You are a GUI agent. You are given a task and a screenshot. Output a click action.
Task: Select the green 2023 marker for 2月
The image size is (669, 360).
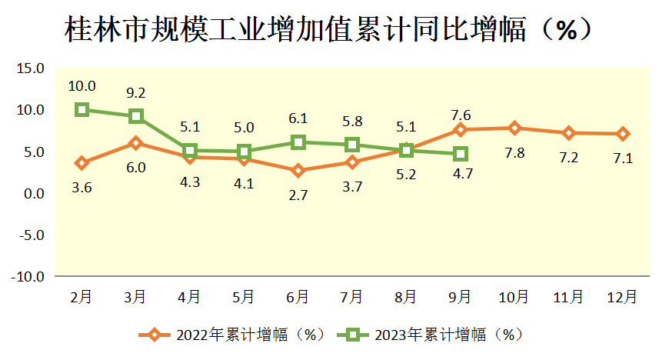82,109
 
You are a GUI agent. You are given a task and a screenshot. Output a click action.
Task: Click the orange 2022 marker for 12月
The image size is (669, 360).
622,134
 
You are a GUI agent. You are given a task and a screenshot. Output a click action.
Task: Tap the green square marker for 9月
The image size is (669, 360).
460,154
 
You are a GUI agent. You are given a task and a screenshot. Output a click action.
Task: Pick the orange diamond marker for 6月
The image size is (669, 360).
298,171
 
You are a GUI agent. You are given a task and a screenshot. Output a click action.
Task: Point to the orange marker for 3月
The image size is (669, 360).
135,143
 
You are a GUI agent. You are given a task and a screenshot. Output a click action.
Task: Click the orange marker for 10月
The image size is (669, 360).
514,128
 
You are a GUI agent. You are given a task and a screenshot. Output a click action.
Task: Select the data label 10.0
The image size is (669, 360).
82,86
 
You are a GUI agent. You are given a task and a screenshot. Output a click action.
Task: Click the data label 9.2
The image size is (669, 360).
135,93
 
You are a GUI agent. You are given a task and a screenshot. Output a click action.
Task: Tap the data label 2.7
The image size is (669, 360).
298,195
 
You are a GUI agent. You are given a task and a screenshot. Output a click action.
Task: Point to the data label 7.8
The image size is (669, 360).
514,152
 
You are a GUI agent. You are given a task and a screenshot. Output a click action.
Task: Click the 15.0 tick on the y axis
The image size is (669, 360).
30,68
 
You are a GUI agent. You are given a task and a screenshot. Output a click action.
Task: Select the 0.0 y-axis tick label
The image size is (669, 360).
33,194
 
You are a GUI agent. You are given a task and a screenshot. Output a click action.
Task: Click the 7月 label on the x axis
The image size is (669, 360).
351,296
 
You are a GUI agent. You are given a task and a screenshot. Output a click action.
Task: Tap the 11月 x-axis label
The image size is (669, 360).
567,296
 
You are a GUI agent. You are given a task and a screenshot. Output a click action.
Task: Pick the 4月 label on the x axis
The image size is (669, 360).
189,296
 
